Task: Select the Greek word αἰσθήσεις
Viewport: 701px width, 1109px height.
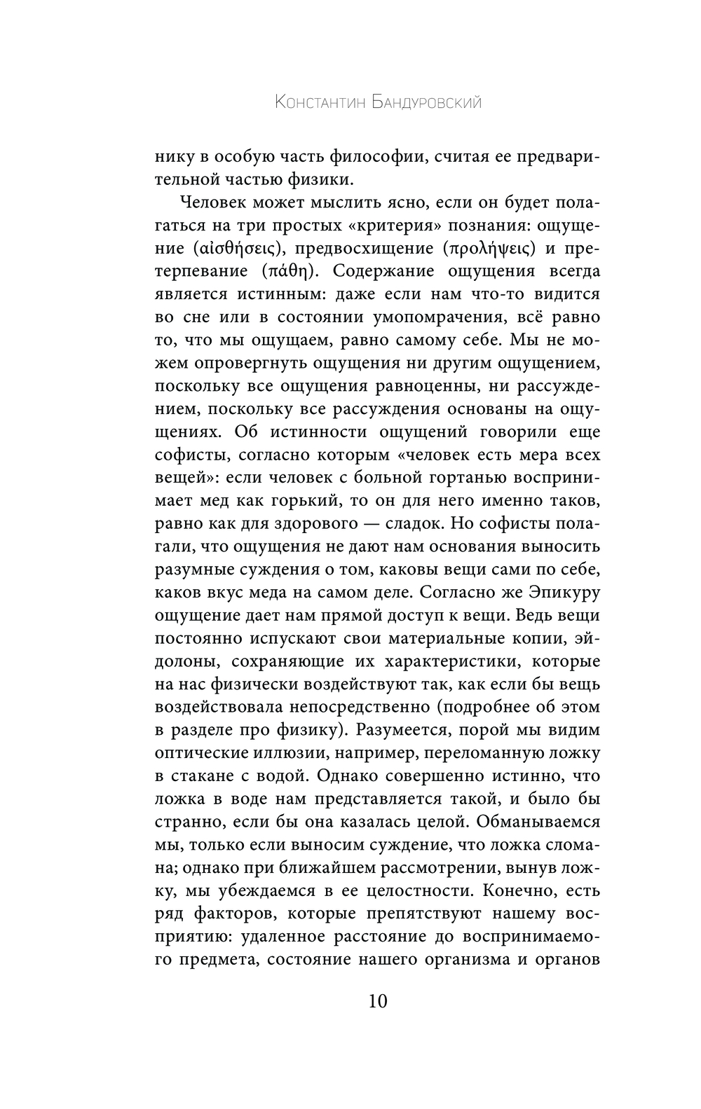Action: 235,248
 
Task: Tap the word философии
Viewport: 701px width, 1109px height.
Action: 373,157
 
